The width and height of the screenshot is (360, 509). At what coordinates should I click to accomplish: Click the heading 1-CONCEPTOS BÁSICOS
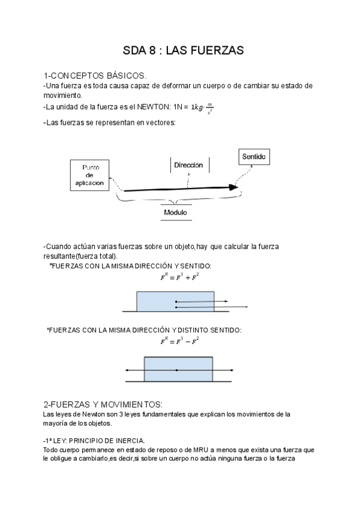(x=95, y=76)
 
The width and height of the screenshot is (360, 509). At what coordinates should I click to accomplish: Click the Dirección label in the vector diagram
(x=188, y=164)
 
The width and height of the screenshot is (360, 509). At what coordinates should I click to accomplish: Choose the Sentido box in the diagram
(x=254, y=157)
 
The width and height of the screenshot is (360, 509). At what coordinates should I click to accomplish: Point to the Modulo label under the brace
(x=175, y=212)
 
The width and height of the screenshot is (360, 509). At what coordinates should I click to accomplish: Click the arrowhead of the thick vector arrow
(x=234, y=187)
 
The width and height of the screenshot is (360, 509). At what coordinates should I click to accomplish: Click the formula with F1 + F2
(x=179, y=277)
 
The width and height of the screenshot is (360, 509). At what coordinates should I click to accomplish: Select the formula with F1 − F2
(x=179, y=342)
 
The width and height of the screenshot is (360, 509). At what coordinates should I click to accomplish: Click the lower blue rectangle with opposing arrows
(x=178, y=369)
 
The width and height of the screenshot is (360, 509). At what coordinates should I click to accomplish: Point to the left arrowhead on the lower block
(x=127, y=370)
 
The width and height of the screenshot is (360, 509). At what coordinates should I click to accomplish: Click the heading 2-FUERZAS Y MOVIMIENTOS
(x=103, y=403)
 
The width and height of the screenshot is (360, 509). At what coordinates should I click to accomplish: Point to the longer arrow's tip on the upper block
(x=247, y=307)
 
